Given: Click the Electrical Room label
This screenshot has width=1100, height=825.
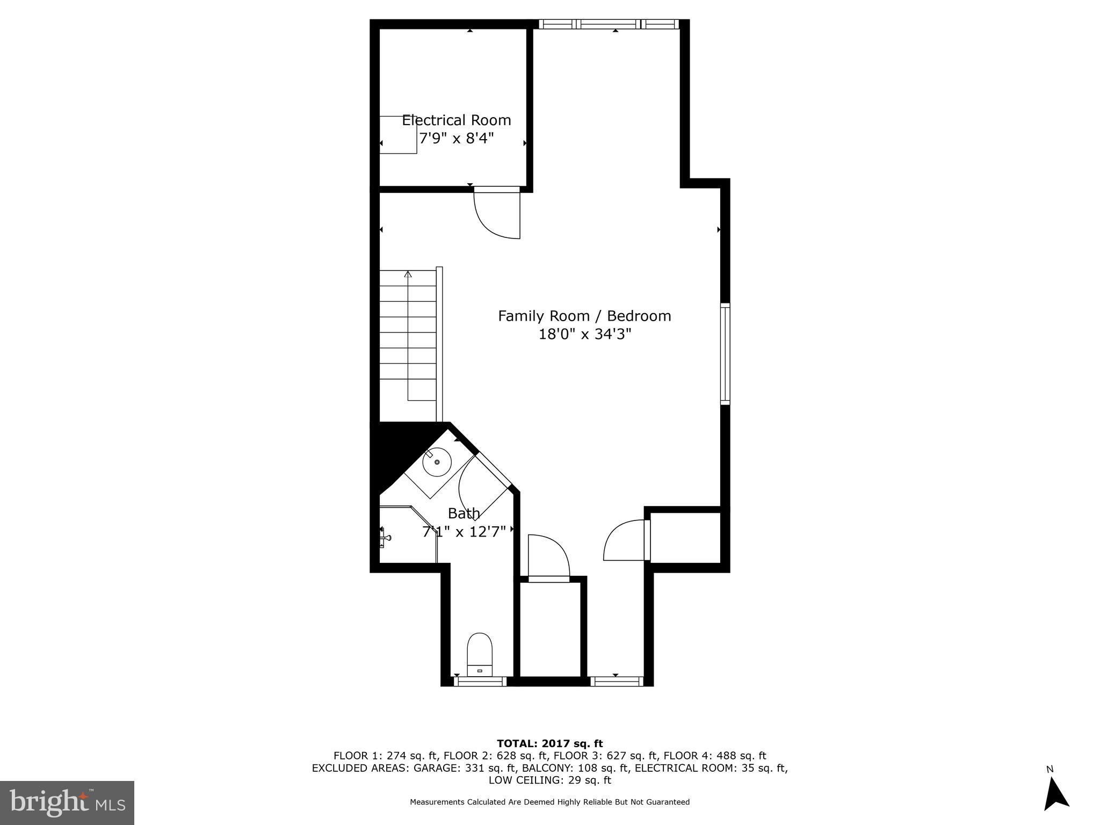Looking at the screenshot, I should click(x=457, y=120).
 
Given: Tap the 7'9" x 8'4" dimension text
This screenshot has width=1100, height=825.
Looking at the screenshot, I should click(x=456, y=139).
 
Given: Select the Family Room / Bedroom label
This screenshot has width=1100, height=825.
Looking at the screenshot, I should click(x=584, y=316).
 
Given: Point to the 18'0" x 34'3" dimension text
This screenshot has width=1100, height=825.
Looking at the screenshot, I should click(x=584, y=334).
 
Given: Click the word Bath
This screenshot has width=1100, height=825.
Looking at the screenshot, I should click(x=464, y=513).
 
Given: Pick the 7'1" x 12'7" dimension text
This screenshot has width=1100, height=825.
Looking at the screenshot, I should click(x=464, y=532).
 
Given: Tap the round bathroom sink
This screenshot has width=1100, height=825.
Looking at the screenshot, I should click(x=437, y=462).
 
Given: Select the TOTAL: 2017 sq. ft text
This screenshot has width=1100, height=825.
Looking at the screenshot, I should click(x=549, y=743).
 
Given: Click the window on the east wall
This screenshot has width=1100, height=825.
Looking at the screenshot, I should click(x=725, y=353).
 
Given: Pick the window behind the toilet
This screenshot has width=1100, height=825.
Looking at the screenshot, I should click(x=480, y=682).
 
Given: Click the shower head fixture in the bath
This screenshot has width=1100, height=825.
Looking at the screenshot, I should click(x=385, y=537).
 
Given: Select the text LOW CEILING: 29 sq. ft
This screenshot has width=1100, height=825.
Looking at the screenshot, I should click(x=549, y=780).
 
